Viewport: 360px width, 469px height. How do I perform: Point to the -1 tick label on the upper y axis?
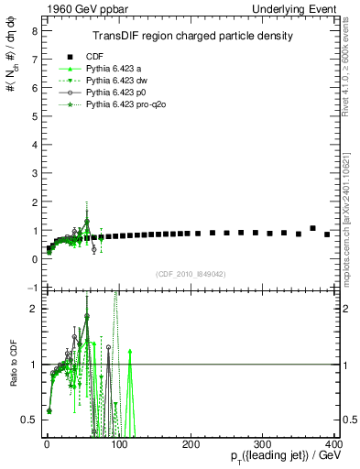pyautogui.click(x=32, y=288)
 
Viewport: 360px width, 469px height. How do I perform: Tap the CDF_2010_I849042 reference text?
pyautogui.click(x=191, y=274)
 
